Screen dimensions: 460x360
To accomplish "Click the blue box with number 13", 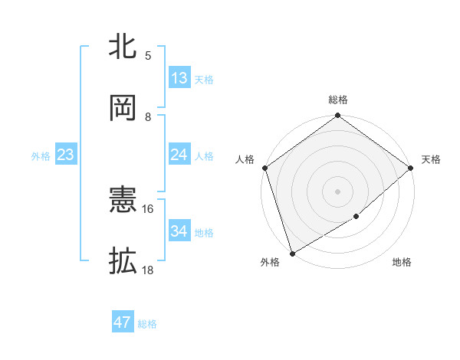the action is tap(179, 78).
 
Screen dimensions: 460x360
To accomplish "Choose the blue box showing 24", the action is tap(179, 155).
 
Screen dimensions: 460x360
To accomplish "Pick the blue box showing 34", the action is tap(179, 231).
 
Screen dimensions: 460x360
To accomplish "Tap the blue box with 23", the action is tap(66, 155).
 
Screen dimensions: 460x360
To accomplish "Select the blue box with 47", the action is tap(123, 322).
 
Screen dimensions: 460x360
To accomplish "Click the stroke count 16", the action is tap(148, 208).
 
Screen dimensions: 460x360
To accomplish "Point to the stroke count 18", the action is tap(148, 270).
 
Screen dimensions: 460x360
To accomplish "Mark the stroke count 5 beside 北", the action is tap(148, 55).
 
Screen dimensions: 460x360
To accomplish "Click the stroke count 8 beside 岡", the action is tap(148, 116).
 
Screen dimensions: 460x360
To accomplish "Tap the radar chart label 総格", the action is tap(338, 100).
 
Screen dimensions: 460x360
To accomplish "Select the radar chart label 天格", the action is tap(431, 159).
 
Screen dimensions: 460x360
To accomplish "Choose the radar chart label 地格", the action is tap(402, 263).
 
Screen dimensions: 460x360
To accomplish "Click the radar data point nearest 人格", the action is tap(264, 168).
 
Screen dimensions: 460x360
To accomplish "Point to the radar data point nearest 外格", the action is tap(292, 253).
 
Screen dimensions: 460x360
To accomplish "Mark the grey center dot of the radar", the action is tap(338, 191).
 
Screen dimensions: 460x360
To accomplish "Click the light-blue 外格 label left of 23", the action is tap(41, 156).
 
